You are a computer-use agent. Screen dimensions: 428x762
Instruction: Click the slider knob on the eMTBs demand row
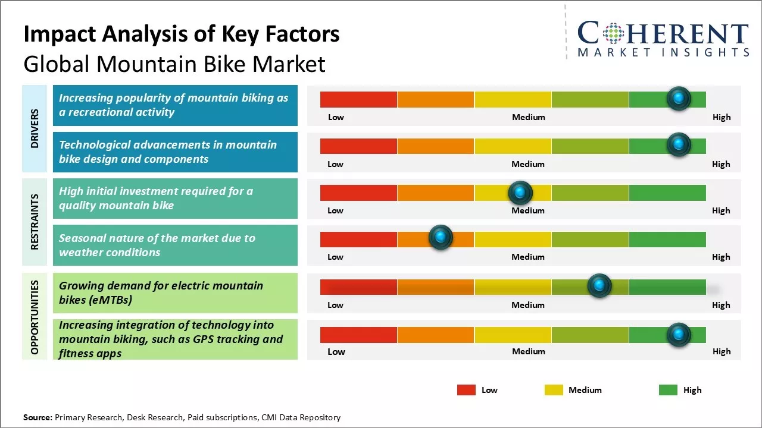point(599,286)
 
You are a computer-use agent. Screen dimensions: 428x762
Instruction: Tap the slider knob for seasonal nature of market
point(441,238)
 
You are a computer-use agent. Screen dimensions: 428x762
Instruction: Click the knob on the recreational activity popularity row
point(679,99)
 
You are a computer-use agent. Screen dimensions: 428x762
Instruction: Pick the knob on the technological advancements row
point(679,145)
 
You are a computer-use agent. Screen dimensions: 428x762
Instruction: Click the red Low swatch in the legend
point(466,390)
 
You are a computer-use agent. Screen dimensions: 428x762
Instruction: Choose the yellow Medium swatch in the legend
point(554,390)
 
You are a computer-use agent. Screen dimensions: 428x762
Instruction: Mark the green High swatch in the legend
point(668,390)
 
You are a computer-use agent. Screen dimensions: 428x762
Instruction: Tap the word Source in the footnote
point(38,417)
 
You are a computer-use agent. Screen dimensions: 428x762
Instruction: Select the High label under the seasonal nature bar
point(721,257)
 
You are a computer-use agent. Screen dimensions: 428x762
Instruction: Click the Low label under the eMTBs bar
point(335,305)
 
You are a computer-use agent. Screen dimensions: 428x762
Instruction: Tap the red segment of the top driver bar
point(358,99)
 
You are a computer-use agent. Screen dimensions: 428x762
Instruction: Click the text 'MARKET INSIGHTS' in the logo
point(663,52)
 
